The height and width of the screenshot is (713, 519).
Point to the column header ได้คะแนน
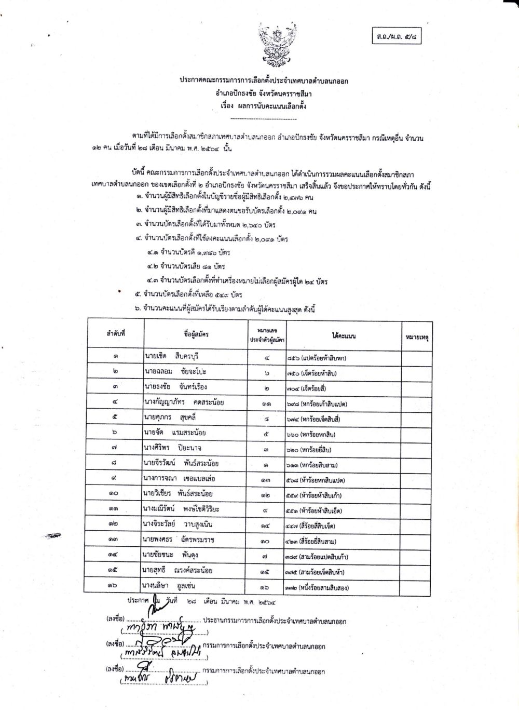pyautogui.click(x=344, y=335)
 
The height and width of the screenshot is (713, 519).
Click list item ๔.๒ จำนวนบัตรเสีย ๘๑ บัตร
pyautogui.click(x=186, y=267)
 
